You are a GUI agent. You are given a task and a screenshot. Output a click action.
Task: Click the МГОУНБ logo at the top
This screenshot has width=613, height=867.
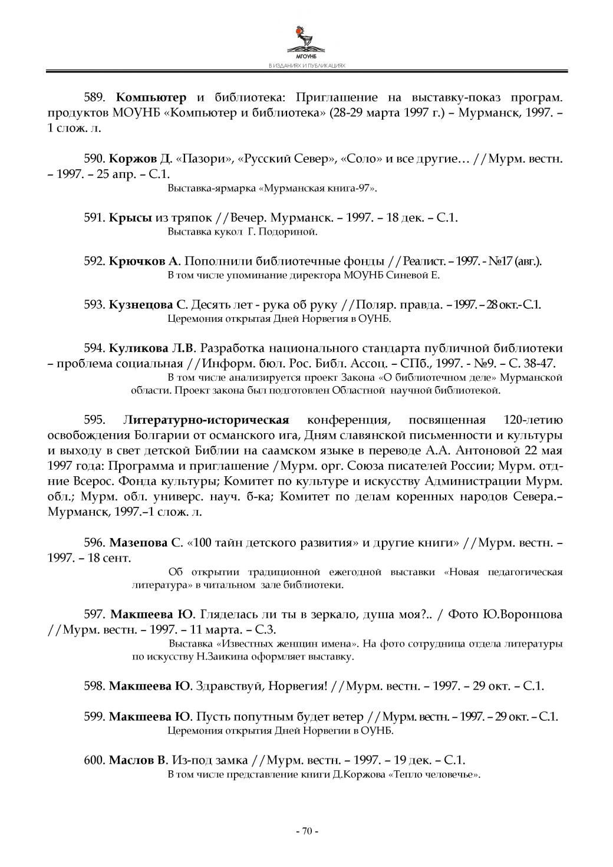pyautogui.click(x=306, y=41)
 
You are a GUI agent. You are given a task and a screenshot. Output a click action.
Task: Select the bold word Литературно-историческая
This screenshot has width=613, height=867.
pyautogui.click(x=206, y=420)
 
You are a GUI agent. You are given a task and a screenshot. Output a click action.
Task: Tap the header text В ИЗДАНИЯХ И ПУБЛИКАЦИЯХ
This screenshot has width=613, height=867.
pyautogui.click(x=306, y=67)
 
